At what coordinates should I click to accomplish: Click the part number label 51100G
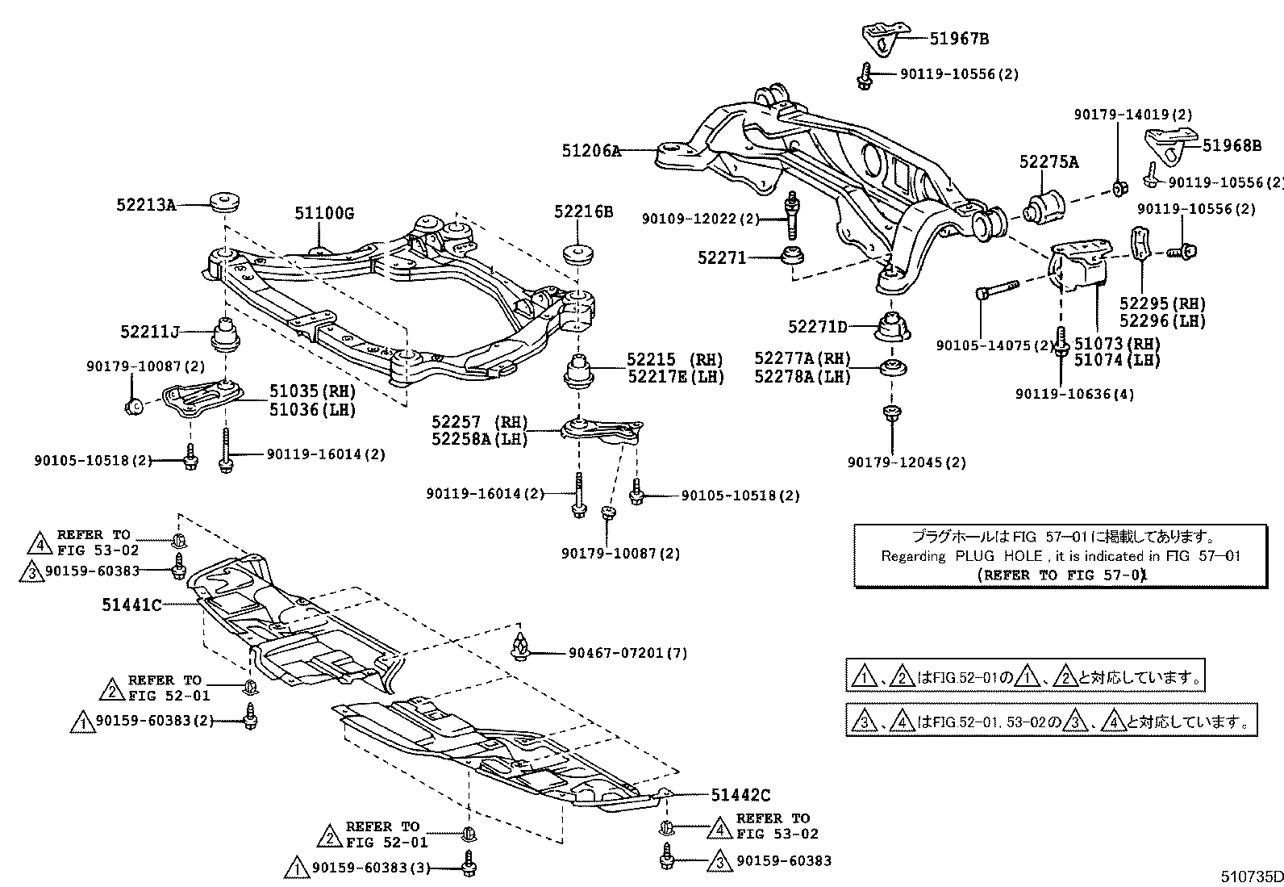click(x=323, y=214)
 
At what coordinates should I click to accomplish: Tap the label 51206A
click(x=592, y=150)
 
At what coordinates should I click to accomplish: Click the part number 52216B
click(x=583, y=211)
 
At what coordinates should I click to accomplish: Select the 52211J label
click(x=150, y=332)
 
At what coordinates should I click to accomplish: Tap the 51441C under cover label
click(x=131, y=604)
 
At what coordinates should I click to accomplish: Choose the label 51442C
click(x=740, y=795)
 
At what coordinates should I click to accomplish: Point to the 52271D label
click(x=818, y=327)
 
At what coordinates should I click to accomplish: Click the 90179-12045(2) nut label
click(x=907, y=462)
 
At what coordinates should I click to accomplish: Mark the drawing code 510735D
click(x=1250, y=877)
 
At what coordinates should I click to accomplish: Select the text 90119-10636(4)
click(x=1074, y=394)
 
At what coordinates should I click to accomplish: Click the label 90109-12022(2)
click(x=701, y=219)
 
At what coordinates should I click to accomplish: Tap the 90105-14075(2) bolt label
click(x=995, y=345)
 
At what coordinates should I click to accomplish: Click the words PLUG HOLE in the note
click(x=998, y=556)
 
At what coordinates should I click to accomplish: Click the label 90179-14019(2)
click(x=1132, y=115)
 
